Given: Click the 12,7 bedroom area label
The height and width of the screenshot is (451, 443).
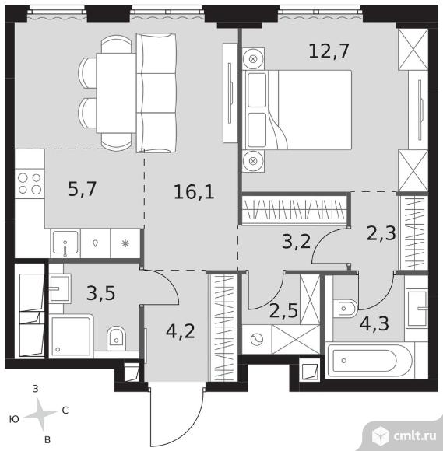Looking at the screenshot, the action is [329, 51].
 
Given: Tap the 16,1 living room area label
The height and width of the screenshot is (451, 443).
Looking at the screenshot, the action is [194, 192].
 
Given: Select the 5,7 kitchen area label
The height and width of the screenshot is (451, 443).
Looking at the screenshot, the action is [82, 189].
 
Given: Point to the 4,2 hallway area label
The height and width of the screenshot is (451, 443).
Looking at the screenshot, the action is [181, 331].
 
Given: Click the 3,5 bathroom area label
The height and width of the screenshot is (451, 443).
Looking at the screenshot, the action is [100, 293].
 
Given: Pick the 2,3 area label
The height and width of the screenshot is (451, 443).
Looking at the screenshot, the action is [381, 233].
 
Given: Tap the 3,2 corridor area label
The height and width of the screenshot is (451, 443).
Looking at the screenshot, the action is [297, 242].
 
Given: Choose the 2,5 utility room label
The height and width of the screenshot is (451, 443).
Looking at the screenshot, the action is [283, 310].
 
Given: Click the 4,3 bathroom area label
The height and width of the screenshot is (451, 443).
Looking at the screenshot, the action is [374, 323].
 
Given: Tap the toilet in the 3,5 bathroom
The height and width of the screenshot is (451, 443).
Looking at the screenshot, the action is [116, 338].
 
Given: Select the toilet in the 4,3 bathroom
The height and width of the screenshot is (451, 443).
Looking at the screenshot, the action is [345, 309].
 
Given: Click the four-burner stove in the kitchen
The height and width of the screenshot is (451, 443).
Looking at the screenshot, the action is [30, 184].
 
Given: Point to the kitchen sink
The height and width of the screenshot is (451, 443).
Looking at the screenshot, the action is [65, 243].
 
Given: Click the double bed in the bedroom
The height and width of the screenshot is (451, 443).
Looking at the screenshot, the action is [297, 110].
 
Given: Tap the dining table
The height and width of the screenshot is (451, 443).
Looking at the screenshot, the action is [116, 93].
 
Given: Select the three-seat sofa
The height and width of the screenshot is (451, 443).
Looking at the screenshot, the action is [156, 93].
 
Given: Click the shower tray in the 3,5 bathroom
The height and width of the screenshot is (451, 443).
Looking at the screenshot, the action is [71, 337].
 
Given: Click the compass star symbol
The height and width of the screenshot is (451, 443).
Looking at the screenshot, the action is [40, 414].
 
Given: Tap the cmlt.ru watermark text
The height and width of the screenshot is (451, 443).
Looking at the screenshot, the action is [415, 436].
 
